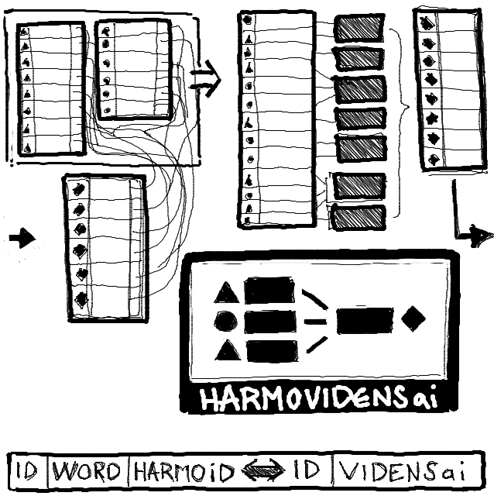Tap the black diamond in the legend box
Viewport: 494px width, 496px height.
coord(414,318)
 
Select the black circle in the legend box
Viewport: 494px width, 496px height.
coord(226,321)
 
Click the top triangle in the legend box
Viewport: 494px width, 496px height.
coord(226,293)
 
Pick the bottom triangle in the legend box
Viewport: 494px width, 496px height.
coord(227,350)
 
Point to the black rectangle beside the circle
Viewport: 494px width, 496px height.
coord(269,321)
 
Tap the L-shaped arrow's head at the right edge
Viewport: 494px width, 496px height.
coord(480,237)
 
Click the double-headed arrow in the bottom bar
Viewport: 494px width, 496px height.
coord(262,471)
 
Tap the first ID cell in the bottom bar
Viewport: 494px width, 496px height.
coord(28,471)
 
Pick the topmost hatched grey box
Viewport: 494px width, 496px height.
coord(359,29)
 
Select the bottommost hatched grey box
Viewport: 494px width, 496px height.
coord(358,217)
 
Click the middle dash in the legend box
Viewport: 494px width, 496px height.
coord(314,320)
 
